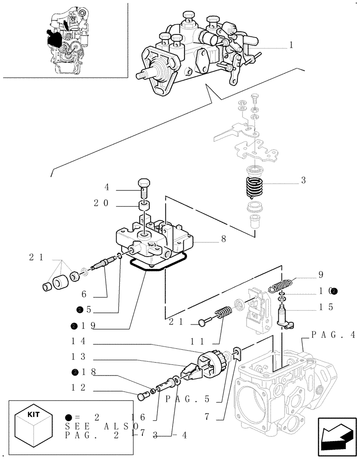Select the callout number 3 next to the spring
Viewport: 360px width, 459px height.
coord(304,181)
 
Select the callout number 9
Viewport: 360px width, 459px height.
coord(321,275)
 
